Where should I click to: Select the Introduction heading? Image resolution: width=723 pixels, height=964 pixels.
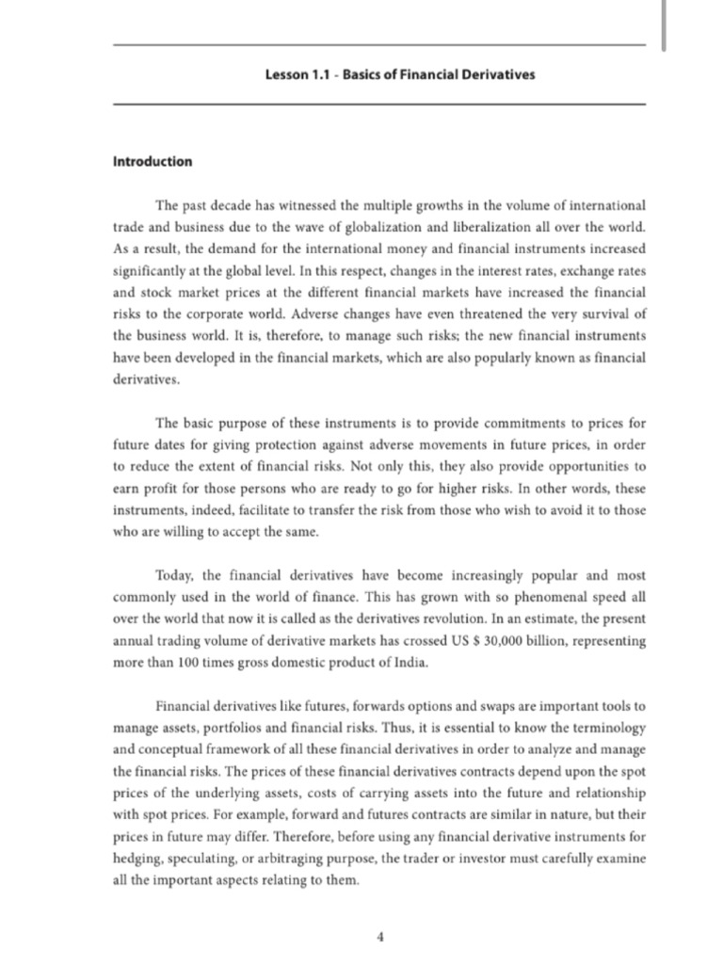pos(153,161)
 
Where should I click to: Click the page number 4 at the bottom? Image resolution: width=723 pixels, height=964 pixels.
pos(379,936)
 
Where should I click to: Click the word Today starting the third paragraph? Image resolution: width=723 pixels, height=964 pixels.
pos(174,575)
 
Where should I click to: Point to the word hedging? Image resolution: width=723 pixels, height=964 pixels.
pos(137,859)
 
